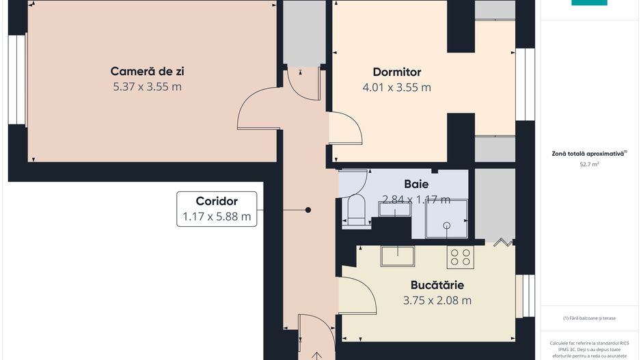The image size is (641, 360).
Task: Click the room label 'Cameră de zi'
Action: [x=148, y=71]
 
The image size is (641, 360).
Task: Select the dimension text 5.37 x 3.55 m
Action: [x=148, y=87]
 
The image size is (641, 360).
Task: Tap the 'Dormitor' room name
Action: [x=396, y=72]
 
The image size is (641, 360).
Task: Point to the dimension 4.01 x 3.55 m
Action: [x=396, y=87]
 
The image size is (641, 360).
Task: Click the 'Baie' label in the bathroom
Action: [x=416, y=184]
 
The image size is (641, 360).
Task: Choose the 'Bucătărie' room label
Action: [x=437, y=284]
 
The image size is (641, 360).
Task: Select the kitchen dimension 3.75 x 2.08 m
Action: [x=437, y=300]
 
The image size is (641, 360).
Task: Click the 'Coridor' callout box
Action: [x=217, y=209]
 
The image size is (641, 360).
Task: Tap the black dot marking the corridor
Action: [x=308, y=210]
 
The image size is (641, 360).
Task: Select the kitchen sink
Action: [x=398, y=256]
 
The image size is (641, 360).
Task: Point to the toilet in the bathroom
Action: [x=356, y=209]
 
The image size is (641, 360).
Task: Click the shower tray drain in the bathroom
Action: [x=446, y=224]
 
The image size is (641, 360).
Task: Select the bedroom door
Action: [x=346, y=129]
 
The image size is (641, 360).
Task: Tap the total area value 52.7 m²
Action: [x=589, y=165]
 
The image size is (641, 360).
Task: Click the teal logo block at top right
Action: [x=589, y=3]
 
